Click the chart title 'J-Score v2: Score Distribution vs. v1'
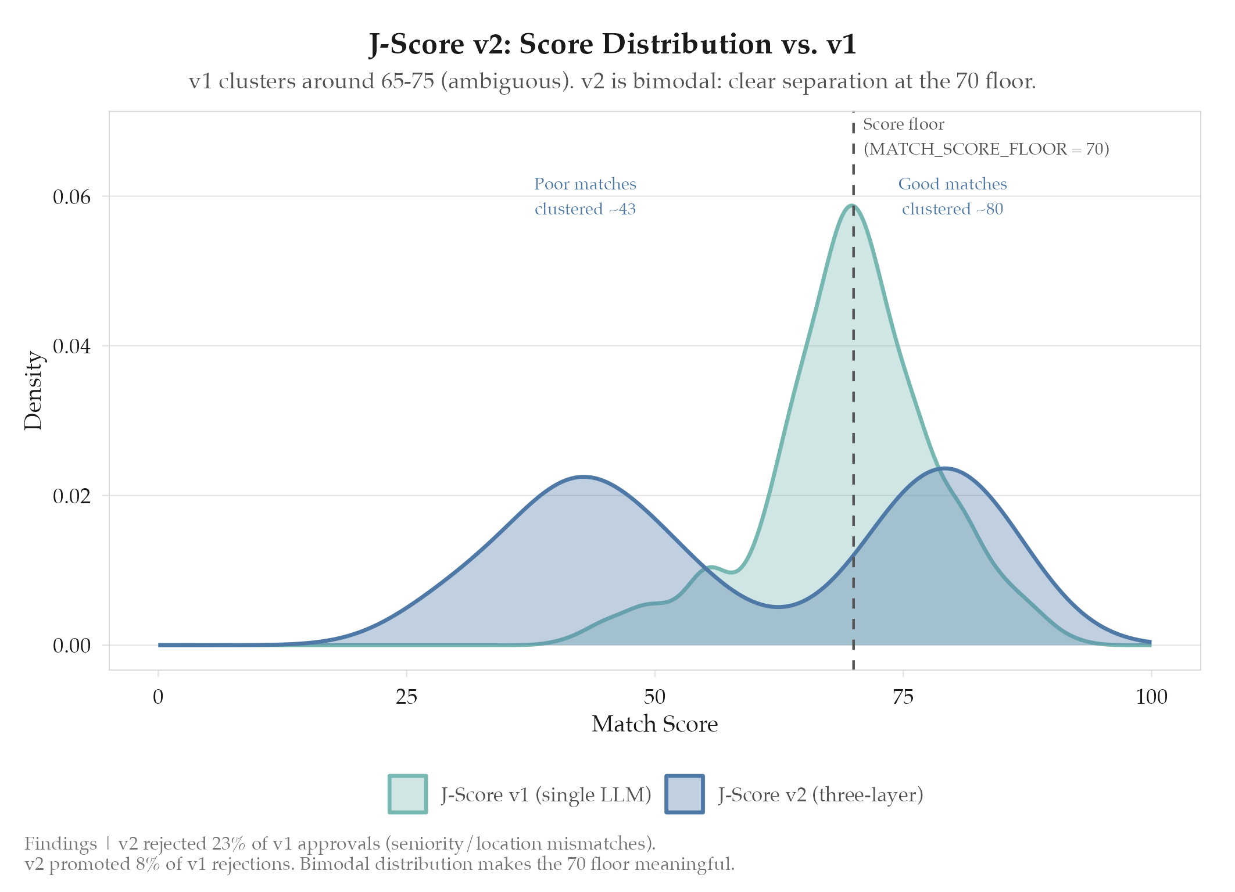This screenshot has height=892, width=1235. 613,45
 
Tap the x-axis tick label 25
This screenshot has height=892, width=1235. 406,696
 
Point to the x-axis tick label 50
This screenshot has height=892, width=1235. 654,696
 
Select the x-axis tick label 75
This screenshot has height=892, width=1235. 903,696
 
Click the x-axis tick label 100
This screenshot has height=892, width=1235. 1151,696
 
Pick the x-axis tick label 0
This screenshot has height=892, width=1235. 158,696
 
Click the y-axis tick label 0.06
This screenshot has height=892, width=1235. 72,197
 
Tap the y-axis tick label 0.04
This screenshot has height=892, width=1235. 72,346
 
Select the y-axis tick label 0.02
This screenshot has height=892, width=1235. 72,496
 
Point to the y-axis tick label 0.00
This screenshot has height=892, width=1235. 72,646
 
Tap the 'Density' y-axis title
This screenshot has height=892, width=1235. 34,391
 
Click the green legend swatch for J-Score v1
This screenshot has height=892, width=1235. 408,794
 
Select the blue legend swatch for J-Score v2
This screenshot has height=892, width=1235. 685,794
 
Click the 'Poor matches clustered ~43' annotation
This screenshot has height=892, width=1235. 585,196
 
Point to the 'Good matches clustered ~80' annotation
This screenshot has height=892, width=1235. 953,196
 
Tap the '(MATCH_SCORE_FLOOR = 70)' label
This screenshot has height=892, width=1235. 986,149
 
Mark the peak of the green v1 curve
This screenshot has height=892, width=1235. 851,205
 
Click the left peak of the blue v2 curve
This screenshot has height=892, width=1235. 584,477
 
